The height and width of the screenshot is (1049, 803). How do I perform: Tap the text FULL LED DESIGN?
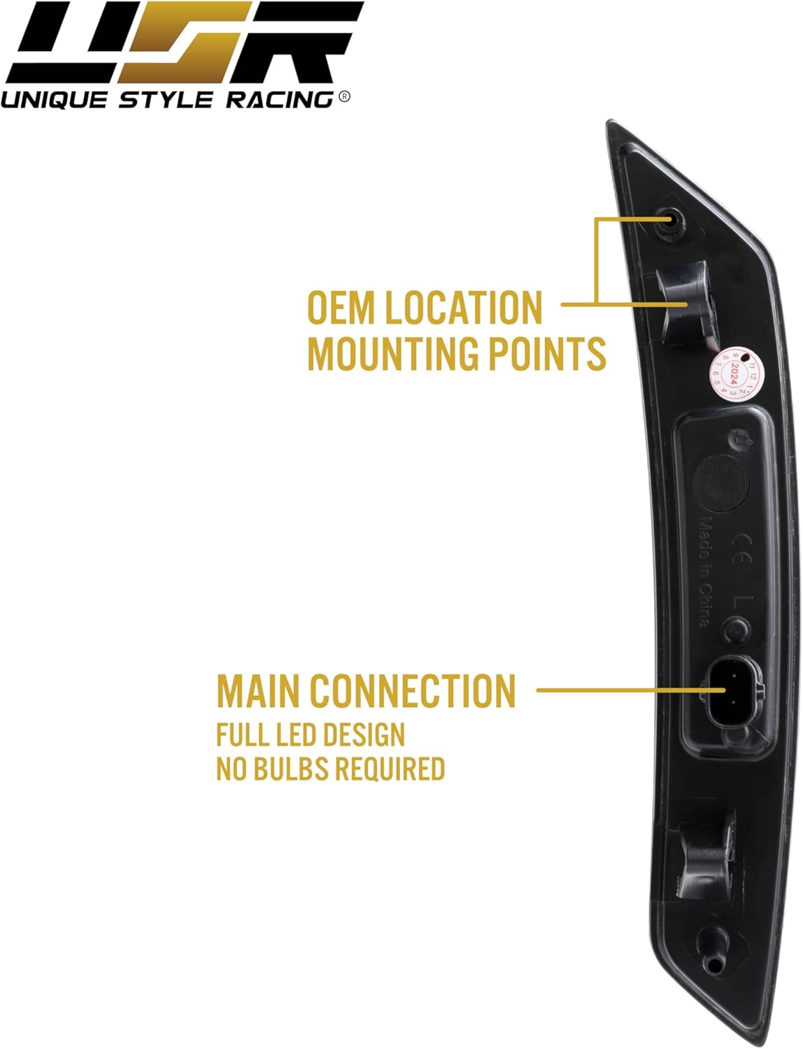click(311, 735)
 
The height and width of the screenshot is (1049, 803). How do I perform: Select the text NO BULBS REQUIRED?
click(330, 769)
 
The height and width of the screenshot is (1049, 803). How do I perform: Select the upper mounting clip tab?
click(686, 301)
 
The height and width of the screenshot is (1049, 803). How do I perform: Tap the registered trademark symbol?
click(343, 98)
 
